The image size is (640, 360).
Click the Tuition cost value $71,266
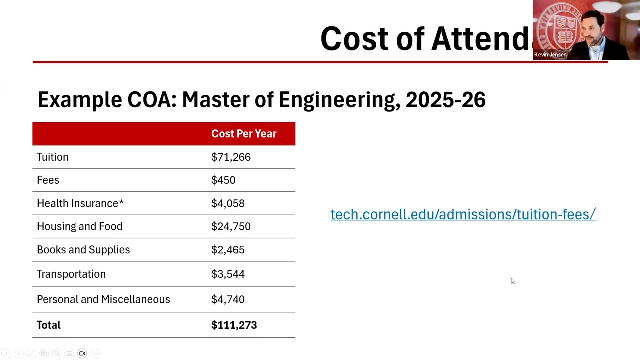pyautogui.click(x=231, y=157)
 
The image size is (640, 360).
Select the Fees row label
pyautogui.click(x=48, y=180)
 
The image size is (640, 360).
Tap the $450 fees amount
pyautogui.click(x=223, y=180)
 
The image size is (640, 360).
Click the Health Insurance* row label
pyautogui.click(x=80, y=203)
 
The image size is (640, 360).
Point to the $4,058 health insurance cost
pyautogui.click(x=228, y=203)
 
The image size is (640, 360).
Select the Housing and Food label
pyautogui.click(x=79, y=226)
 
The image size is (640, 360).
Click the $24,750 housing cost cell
pyautogui.click(x=231, y=226)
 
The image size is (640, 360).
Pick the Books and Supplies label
pyautogui.click(x=83, y=250)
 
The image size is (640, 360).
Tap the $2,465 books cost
pyautogui.click(x=228, y=250)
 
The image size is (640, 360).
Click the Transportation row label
pyautogui.click(x=71, y=274)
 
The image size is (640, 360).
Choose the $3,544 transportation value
pyautogui.click(x=228, y=274)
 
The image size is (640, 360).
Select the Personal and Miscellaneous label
pyautogui.click(x=103, y=299)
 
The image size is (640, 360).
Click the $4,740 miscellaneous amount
pyautogui.click(x=228, y=299)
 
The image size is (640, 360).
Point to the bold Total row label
pyautogui.click(x=49, y=325)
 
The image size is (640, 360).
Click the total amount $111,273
pyautogui.click(x=234, y=325)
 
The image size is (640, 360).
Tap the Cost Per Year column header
pyautogui.click(x=244, y=134)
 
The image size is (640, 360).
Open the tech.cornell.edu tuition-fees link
pyautogui.click(x=463, y=214)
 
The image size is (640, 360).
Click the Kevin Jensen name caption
pyautogui.click(x=550, y=55)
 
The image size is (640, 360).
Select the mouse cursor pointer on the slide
pyautogui.click(x=512, y=281)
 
